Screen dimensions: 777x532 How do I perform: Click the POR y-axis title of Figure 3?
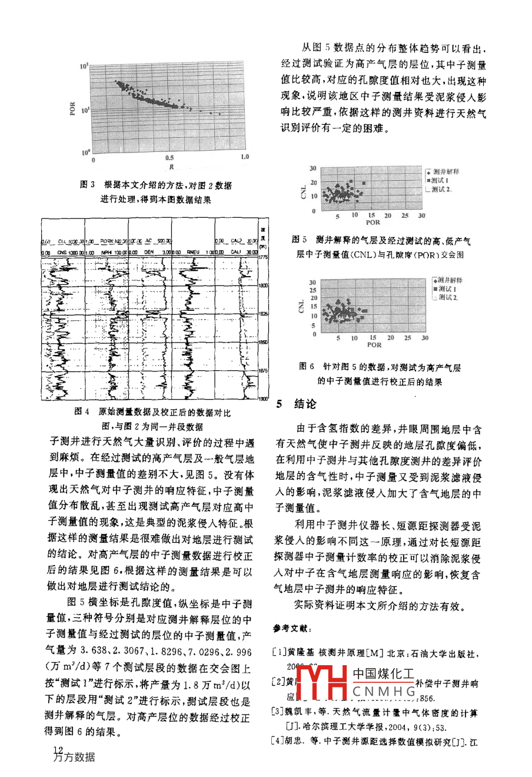pyautogui.click(x=72, y=109)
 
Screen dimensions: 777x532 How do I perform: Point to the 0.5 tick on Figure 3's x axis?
pyautogui.click(x=169, y=158)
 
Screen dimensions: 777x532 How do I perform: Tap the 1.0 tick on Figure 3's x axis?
pyautogui.click(x=245, y=157)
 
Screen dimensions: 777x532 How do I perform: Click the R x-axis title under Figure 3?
pyautogui.click(x=171, y=167)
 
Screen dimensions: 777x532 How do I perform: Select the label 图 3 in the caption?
pyautogui.click(x=87, y=185)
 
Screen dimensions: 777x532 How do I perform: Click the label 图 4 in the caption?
pyautogui.click(x=82, y=412)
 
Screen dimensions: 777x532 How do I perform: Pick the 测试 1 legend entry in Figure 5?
pyautogui.click(x=441, y=180)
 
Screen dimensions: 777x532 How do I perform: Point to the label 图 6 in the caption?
pyautogui.click(x=307, y=366)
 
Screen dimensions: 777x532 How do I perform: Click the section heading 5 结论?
pyautogui.click(x=297, y=404)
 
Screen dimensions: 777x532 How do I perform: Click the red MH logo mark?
pyautogui.click(x=321, y=685)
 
